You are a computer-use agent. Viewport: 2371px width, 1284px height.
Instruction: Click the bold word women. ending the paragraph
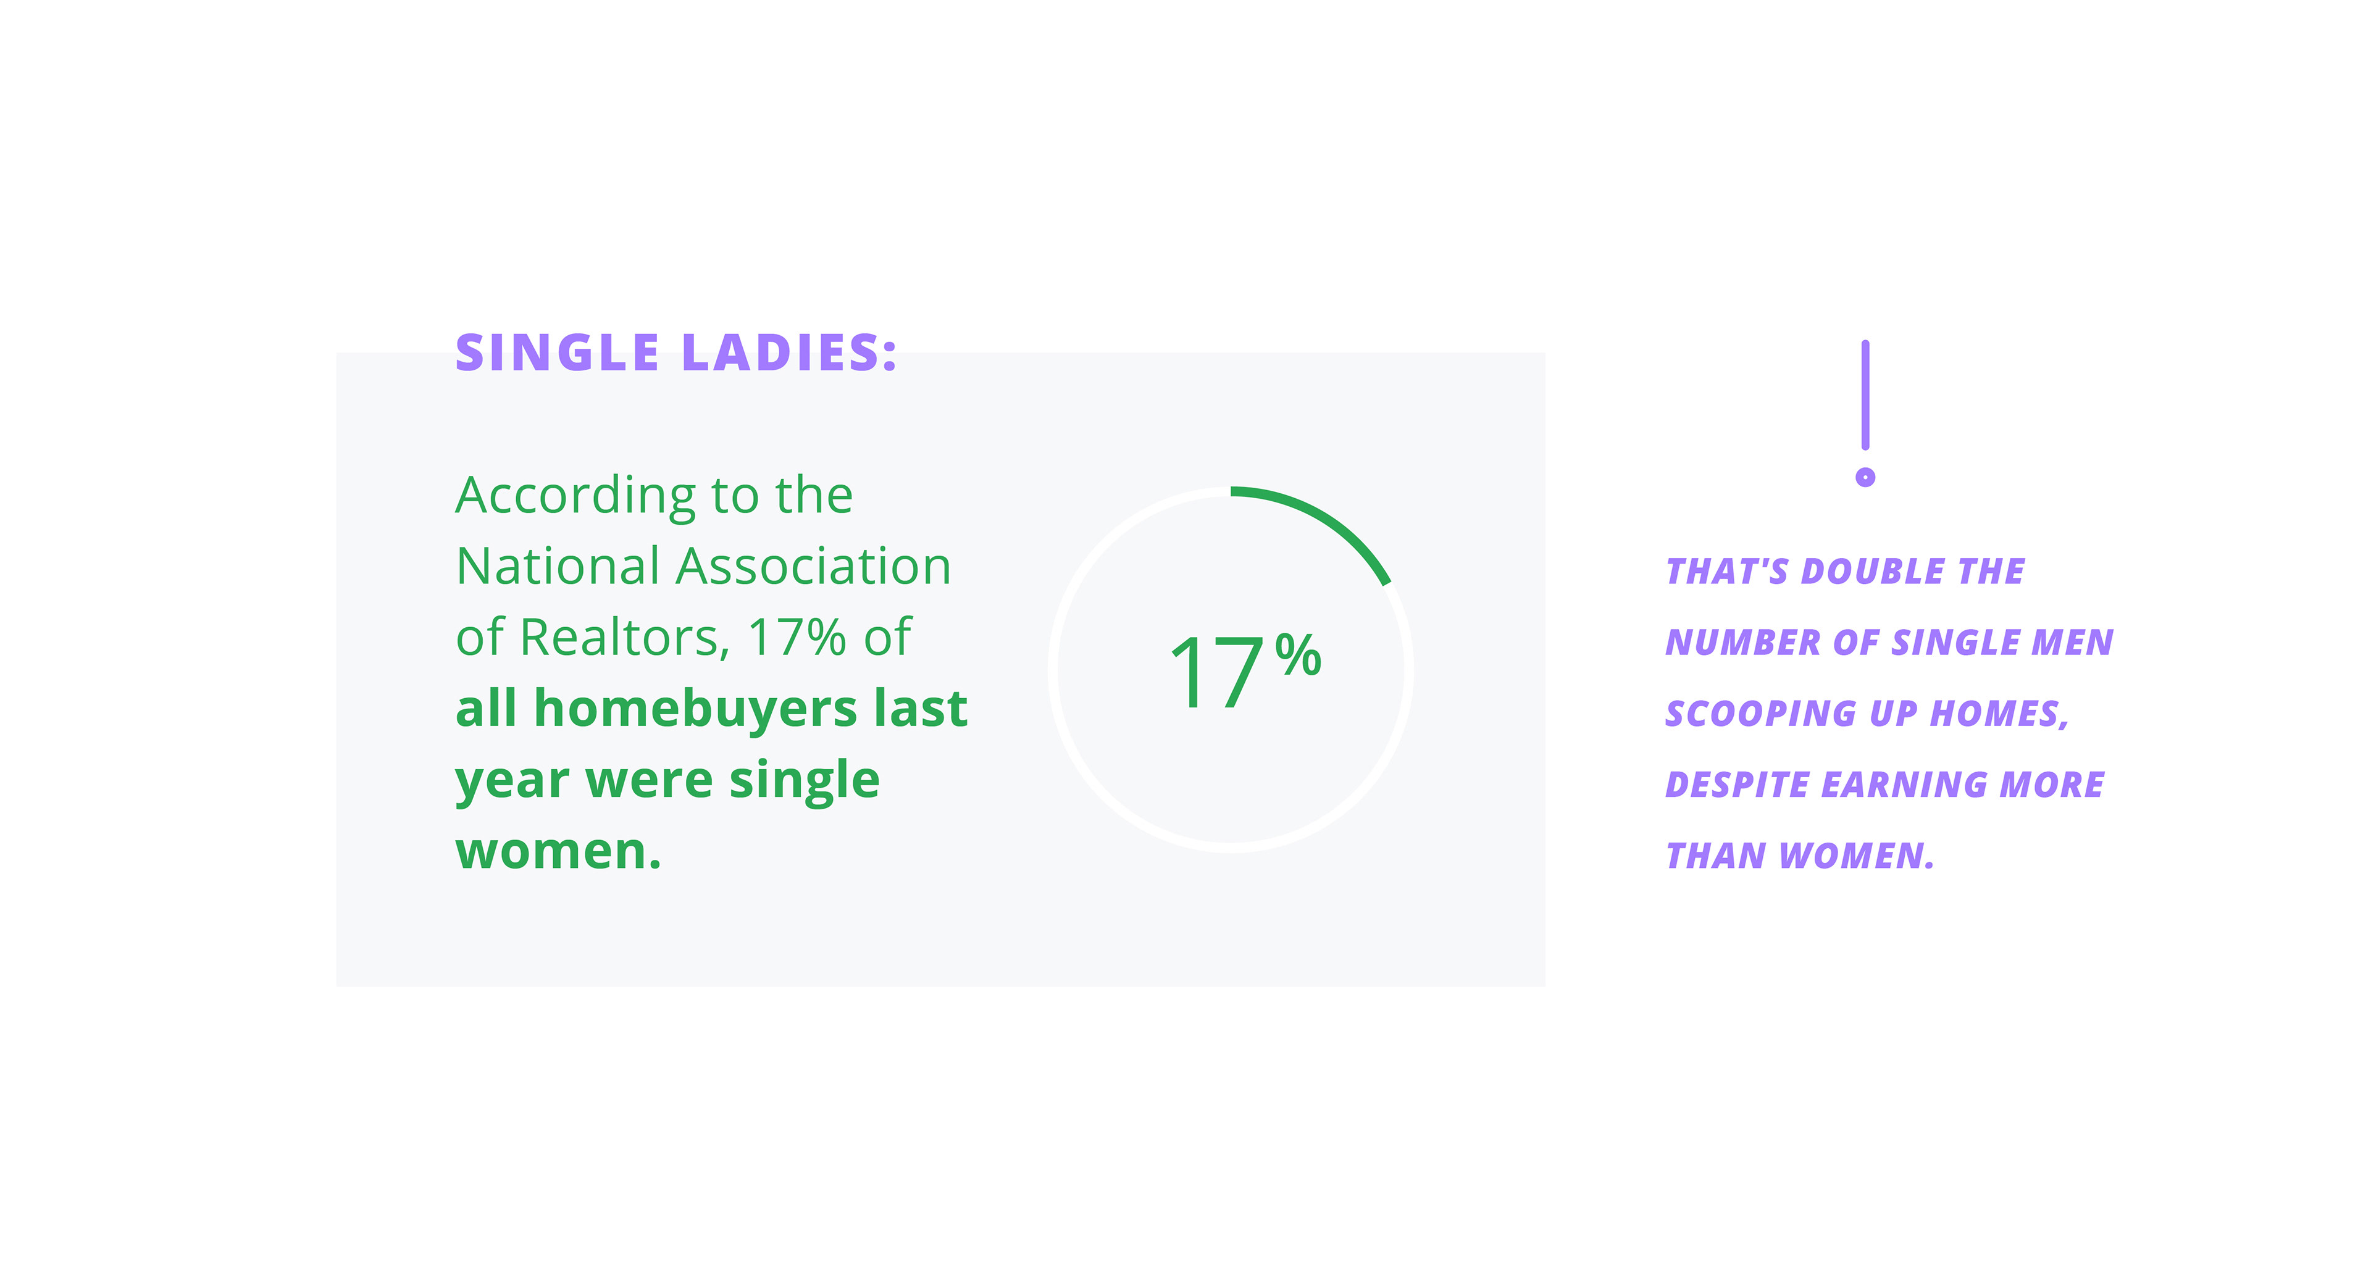point(559,851)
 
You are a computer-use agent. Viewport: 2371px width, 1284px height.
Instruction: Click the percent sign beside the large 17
point(1298,656)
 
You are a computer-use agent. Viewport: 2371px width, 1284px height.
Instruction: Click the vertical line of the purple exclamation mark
point(1865,395)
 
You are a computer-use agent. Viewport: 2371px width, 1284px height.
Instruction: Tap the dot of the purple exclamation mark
point(1865,477)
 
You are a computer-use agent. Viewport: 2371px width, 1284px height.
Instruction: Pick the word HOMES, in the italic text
point(1999,714)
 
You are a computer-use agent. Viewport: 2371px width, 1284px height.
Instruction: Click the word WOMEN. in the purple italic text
point(1857,856)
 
